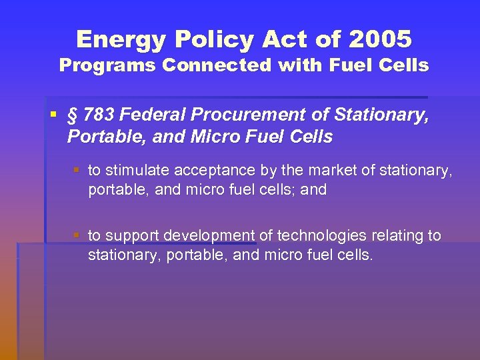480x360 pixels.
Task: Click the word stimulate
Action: point(138,171)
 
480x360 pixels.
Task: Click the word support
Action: point(132,235)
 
